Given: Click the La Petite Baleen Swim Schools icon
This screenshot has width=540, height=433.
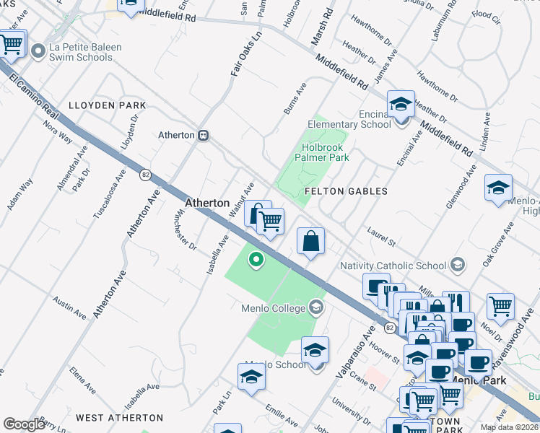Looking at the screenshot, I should point(39,51).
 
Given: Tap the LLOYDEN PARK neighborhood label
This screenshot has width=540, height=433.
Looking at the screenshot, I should point(107,105).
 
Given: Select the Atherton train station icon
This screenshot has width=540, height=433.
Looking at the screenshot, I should point(204,135).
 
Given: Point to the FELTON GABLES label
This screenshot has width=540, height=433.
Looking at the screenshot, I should point(346,191).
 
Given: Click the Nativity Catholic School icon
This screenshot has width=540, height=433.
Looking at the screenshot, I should point(456,265).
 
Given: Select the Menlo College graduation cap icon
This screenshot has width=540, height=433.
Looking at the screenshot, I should point(315,308).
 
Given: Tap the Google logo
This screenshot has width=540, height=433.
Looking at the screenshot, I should point(24,424).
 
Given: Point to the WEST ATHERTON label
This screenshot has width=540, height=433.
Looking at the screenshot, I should point(119,418).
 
